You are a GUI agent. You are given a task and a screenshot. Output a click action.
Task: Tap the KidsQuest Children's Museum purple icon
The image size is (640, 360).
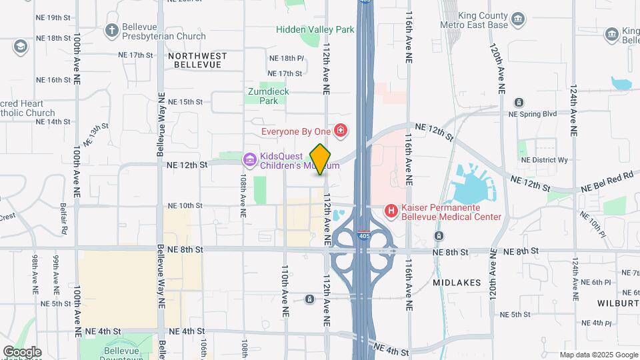[250, 159]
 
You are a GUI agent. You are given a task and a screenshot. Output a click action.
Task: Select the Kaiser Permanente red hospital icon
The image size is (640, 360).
[391, 211]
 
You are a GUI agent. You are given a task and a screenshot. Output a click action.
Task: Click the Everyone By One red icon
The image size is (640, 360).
[341, 131]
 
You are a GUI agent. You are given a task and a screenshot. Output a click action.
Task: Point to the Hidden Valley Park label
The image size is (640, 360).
[315, 30]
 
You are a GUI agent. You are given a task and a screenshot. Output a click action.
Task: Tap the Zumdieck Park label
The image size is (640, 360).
[263, 97]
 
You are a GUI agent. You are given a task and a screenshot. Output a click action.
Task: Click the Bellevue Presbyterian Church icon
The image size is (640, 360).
[111, 30]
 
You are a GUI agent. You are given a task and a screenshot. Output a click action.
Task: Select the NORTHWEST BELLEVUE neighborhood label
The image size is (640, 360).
[197, 60]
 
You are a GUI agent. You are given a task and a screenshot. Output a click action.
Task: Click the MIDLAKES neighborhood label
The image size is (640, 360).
[457, 283]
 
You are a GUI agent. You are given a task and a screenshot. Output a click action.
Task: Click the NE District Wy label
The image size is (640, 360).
[544, 160]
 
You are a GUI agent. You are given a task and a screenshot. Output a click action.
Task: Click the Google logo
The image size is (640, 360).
[22, 351]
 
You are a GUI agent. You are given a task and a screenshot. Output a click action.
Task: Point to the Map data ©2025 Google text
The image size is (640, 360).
[598, 355]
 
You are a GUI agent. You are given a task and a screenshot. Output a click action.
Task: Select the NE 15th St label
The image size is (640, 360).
[185, 102]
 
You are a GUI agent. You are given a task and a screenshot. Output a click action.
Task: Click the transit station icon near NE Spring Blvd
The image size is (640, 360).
[519, 103]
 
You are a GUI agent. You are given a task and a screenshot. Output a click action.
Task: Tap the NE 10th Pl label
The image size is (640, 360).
[593, 225]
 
